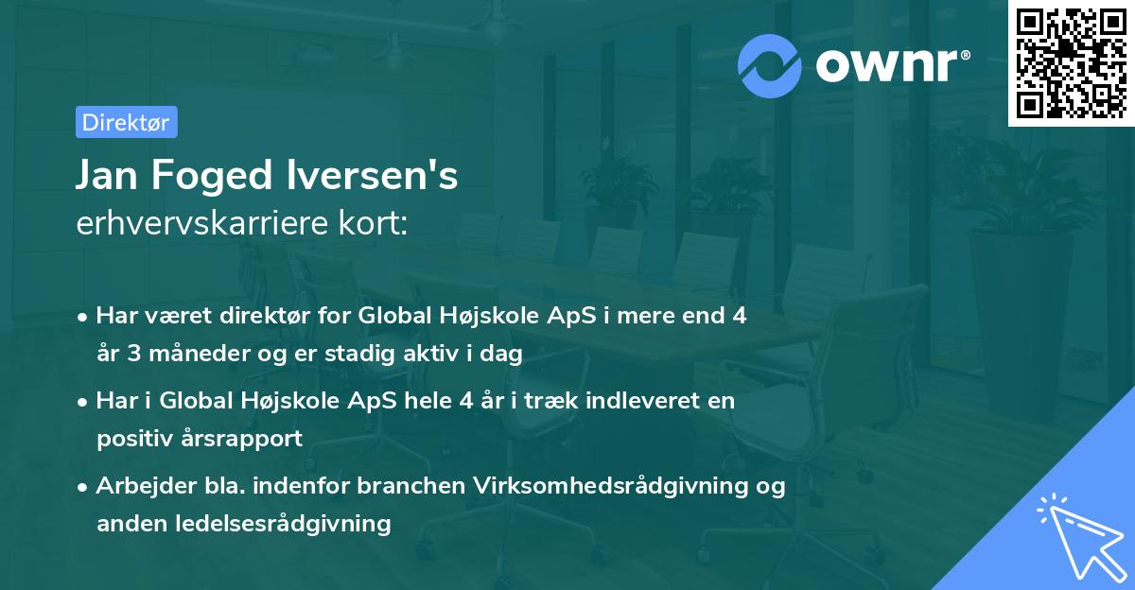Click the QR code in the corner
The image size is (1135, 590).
[1071, 62]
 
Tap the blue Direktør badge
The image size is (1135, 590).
[126, 122]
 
